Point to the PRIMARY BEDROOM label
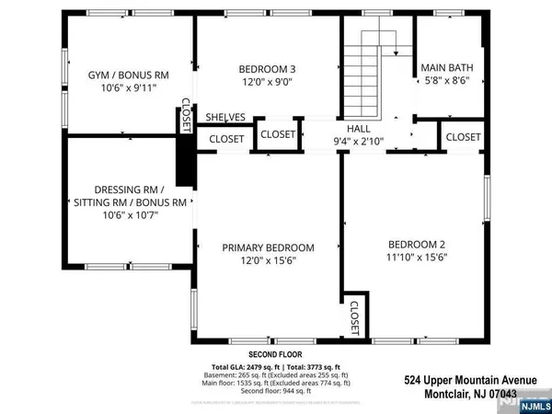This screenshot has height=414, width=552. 269,247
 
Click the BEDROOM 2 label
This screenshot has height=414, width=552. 417,244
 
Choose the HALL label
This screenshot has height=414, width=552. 358,128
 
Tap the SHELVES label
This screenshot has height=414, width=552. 225,117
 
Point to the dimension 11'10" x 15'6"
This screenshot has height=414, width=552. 416,259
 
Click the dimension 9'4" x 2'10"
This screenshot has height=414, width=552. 358,141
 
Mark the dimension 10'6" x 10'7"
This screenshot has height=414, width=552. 126,215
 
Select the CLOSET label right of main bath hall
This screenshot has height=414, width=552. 463,137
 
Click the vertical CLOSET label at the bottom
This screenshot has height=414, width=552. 355,319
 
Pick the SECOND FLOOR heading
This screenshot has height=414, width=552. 276,353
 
